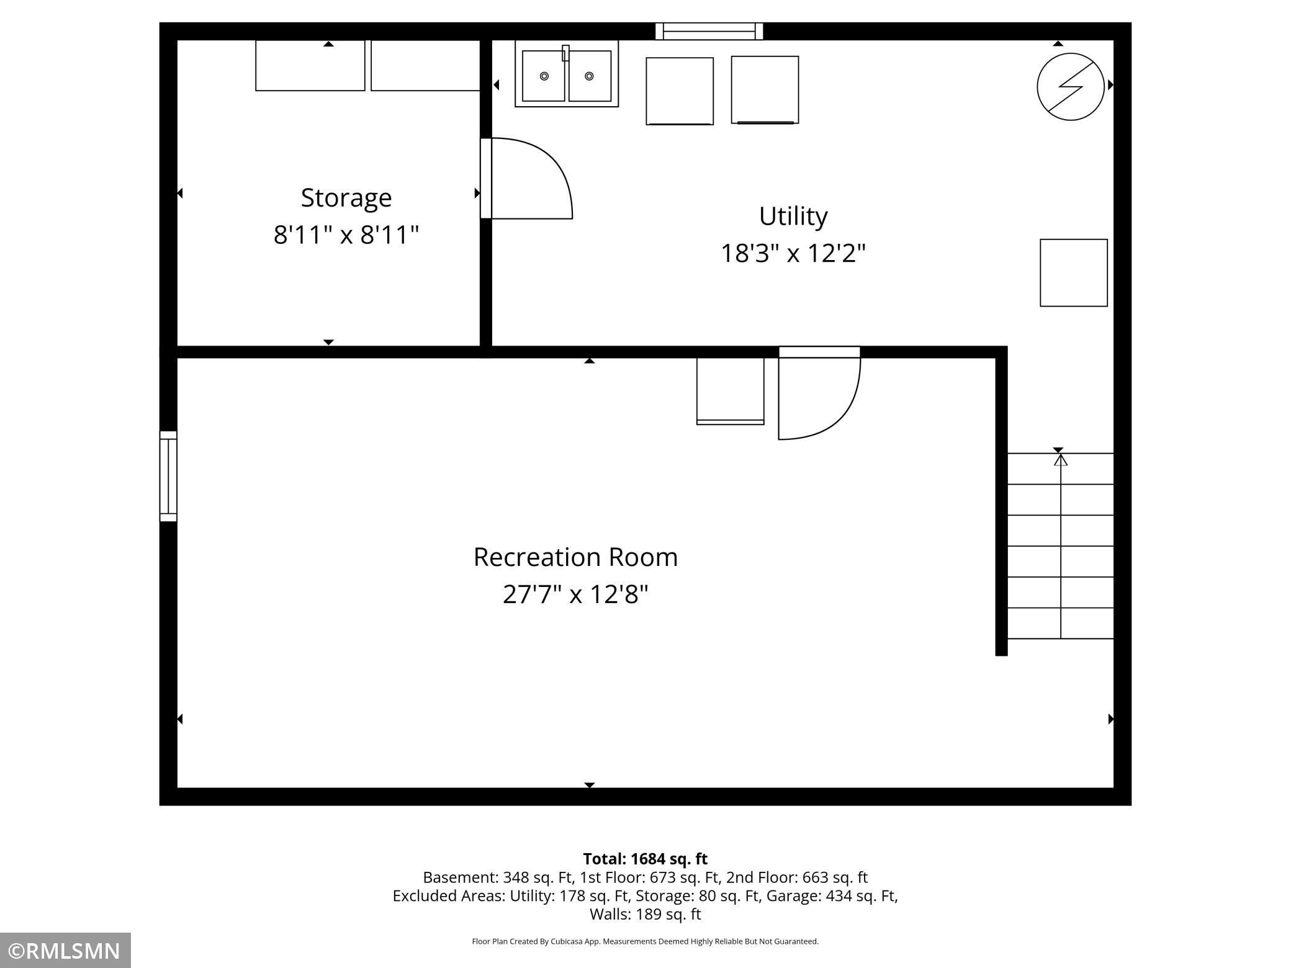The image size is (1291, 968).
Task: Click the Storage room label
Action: click(346, 198)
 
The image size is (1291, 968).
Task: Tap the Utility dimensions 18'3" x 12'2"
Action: click(793, 253)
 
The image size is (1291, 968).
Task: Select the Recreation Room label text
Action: click(575, 557)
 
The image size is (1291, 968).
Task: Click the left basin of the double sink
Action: click(544, 76)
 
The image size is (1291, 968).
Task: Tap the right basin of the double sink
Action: click(590, 76)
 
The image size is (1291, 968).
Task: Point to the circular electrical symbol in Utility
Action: click(1070, 86)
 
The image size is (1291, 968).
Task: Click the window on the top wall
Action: click(709, 31)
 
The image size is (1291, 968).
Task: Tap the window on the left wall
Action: click(168, 476)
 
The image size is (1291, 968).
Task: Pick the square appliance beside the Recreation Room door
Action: click(730, 391)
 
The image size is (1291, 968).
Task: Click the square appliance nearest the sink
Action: click(680, 91)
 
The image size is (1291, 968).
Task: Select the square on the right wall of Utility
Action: click(1074, 272)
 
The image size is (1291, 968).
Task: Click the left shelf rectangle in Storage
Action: click(310, 66)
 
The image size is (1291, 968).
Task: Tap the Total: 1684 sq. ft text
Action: click(645, 859)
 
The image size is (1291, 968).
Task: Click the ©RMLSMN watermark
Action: click(65, 951)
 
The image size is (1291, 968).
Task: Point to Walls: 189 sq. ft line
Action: click(645, 914)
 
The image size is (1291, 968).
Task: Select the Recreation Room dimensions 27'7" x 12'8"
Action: click(575, 594)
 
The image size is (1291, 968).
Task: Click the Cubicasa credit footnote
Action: click(645, 941)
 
